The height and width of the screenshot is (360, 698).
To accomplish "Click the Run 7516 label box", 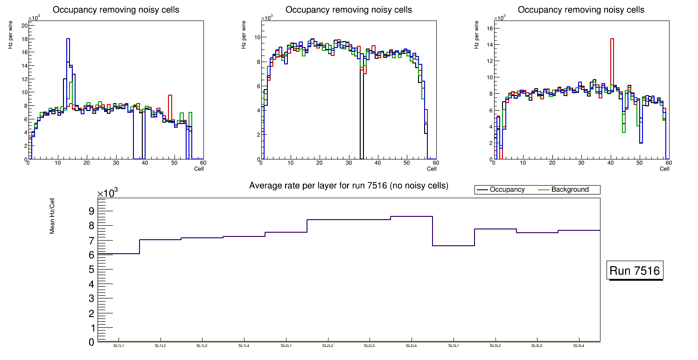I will click(635, 271).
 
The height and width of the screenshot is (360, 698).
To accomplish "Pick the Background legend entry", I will click(570, 190).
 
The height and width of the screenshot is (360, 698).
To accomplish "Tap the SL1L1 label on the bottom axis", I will click(119, 346).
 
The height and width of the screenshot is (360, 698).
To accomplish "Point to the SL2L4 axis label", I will click(411, 346).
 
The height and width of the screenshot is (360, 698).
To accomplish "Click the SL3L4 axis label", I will click(579, 346).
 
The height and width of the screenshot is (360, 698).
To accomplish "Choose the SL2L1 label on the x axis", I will click(286, 346).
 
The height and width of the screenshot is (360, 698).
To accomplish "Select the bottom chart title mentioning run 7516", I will click(349, 186).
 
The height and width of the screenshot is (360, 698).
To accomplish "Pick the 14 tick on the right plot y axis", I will click(489, 44).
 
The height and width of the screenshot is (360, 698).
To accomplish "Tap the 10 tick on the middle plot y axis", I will click(256, 37).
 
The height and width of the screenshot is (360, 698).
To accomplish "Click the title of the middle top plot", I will click(349, 10).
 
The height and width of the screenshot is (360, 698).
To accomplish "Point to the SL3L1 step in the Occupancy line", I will click(453, 245).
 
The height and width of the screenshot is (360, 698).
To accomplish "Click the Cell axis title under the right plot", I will click(664, 169).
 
